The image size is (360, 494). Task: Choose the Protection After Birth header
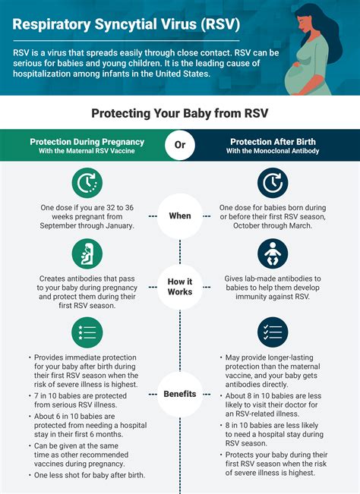coord(273,145)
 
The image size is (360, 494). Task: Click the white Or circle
coord(180,146)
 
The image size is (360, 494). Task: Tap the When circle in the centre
coord(180,216)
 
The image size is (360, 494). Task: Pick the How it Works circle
coord(180,286)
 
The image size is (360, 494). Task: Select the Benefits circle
coord(180,394)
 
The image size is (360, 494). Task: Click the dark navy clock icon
coord(273,183)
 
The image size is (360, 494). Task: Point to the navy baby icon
coord(273,255)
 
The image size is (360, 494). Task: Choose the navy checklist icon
coord(273,332)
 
